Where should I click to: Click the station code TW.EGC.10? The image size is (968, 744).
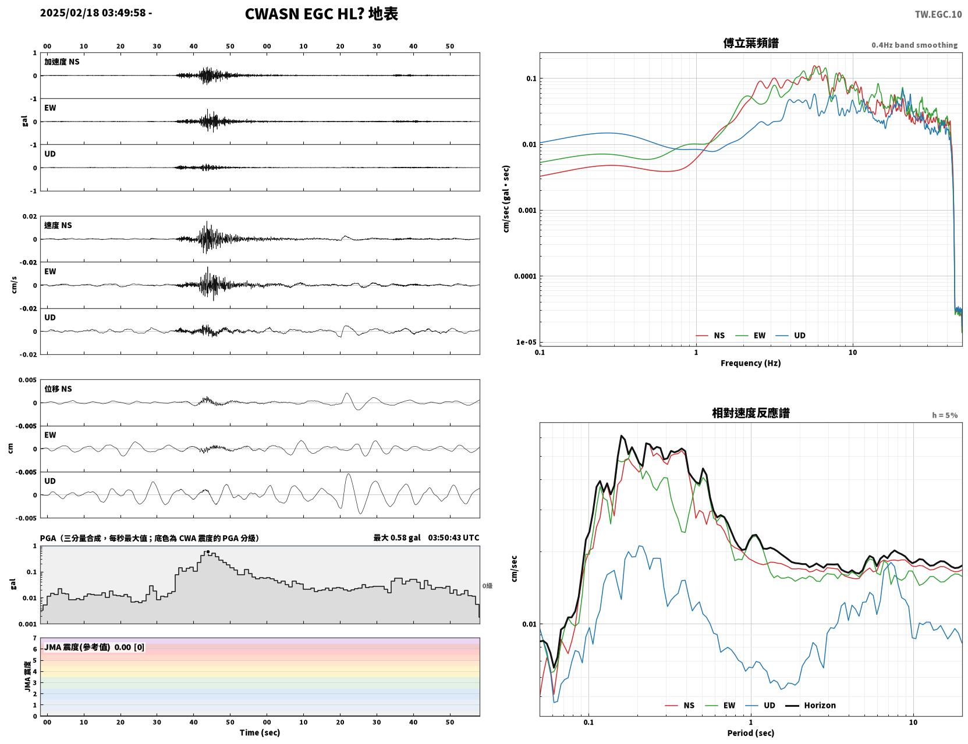(938, 14)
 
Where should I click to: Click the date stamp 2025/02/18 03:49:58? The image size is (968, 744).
(93, 12)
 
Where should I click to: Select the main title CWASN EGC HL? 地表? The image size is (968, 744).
(321, 14)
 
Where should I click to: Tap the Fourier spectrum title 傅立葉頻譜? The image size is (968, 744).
(751, 43)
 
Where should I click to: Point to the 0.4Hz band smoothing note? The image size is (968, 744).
(914, 45)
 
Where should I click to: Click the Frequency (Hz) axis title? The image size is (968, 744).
(751, 363)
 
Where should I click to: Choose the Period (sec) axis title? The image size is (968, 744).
(751, 733)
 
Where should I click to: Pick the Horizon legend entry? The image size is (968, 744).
(811, 705)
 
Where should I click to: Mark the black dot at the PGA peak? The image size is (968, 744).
(208, 552)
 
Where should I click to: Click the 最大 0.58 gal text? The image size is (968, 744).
(396, 537)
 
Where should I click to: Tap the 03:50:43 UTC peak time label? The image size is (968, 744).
(453, 537)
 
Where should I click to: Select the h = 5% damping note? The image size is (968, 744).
(944, 415)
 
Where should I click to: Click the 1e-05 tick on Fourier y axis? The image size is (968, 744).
(526, 342)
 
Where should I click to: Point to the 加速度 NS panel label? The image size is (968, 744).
(62, 62)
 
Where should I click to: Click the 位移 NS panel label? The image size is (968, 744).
(58, 389)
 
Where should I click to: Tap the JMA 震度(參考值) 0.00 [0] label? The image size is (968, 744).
(94, 647)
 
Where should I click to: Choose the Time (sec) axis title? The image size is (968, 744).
(260, 732)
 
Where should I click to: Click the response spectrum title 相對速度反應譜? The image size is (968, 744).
(751, 413)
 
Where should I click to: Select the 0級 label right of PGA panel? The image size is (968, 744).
(487, 586)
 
